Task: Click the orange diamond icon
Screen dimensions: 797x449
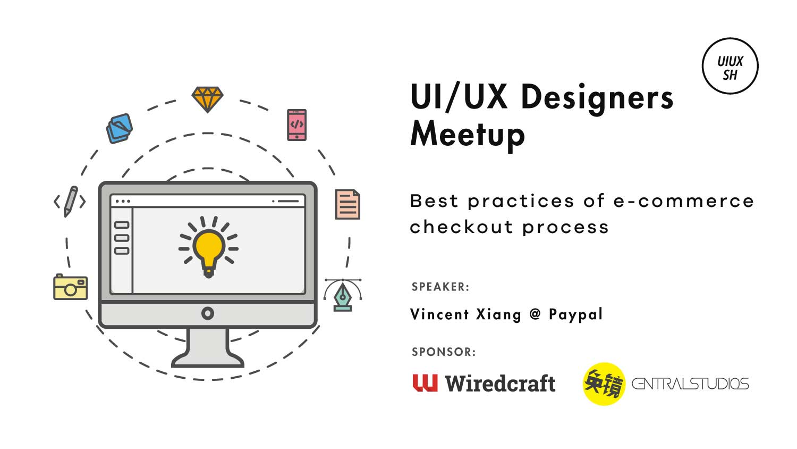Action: click(x=207, y=99)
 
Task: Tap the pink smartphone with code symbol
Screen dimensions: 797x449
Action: click(x=296, y=124)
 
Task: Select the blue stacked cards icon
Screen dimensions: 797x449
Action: click(x=119, y=128)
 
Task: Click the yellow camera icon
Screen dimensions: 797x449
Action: click(x=71, y=287)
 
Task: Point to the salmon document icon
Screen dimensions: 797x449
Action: click(x=347, y=204)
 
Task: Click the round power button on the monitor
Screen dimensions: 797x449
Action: click(x=207, y=313)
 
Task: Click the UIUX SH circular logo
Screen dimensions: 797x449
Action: click(x=730, y=66)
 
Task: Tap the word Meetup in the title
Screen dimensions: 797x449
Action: click(x=468, y=135)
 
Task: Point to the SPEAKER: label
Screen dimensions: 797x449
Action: click(x=440, y=287)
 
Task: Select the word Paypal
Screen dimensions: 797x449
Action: click(x=575, y=314)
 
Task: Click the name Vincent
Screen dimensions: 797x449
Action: click(x=439, y=314)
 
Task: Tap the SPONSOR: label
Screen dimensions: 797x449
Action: click(x=444, y=352)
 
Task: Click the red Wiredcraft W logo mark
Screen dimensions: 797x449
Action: click(x=425, y=383)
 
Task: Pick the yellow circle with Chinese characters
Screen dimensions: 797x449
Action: click(x=604, y=384)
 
